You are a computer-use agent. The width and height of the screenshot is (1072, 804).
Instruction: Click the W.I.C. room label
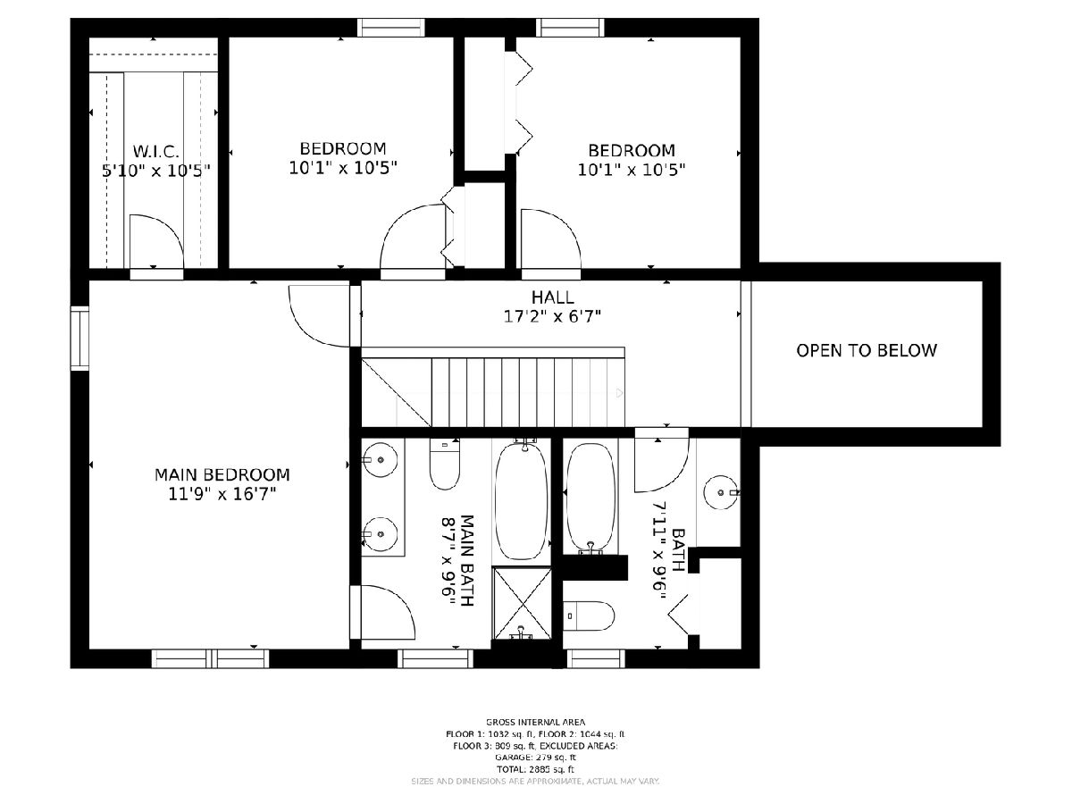(155, 151)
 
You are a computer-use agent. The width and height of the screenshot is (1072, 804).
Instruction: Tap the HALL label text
(552, 297)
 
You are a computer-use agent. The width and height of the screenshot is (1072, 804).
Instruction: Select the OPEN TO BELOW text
(867, 350)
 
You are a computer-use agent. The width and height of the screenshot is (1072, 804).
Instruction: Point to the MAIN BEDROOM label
(222, 474)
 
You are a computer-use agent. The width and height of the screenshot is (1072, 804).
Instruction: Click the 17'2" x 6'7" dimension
(552, 317)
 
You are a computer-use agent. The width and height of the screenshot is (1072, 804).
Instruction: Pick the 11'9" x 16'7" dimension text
(222, 495)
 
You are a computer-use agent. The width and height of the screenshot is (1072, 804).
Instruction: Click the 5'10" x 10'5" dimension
(155, 171)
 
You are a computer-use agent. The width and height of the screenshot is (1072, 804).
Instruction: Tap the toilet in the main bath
(444, 464)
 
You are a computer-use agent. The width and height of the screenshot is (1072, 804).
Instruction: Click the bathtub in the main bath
(522, 500)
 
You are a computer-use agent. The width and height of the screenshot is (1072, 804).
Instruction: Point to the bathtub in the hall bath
(591, 498)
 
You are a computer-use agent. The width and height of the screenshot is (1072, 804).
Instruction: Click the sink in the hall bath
(721, 492)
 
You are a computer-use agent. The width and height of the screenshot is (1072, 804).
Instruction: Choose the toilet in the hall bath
(589, 616)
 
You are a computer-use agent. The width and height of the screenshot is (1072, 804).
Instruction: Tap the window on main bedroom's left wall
(80, 339)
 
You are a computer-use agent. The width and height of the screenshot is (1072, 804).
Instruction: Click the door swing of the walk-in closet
(156, 241)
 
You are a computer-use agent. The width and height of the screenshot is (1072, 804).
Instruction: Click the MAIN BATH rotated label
(457, 560)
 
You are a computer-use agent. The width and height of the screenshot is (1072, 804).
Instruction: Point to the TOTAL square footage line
(535, 769)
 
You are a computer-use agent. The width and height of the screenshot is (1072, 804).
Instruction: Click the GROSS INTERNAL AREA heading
(535, 722)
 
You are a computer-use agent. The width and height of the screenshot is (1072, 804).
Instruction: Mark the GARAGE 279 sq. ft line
(535, 758)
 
